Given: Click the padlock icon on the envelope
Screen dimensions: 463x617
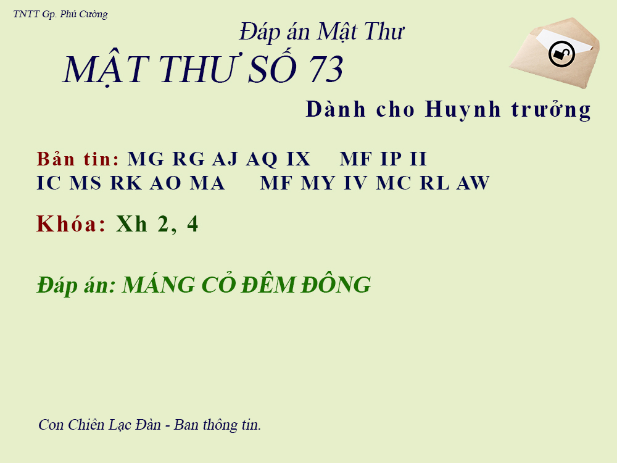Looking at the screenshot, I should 561,54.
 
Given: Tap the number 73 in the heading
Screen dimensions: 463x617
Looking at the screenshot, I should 325,70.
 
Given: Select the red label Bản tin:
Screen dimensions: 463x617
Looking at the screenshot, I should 78,159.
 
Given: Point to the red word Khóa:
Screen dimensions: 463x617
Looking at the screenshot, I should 71,224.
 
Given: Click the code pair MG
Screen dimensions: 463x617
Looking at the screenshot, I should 146,159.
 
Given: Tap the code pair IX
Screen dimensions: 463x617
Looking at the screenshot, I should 298,159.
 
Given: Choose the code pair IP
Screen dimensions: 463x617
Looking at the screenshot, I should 390,159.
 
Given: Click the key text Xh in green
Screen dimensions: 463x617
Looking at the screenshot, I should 131,224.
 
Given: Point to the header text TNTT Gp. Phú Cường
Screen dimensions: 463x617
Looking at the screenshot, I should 60,14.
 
